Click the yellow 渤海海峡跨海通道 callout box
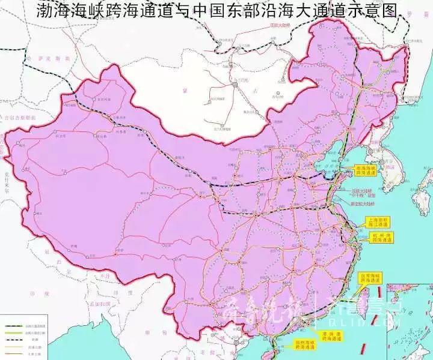[x=365, y=170]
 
